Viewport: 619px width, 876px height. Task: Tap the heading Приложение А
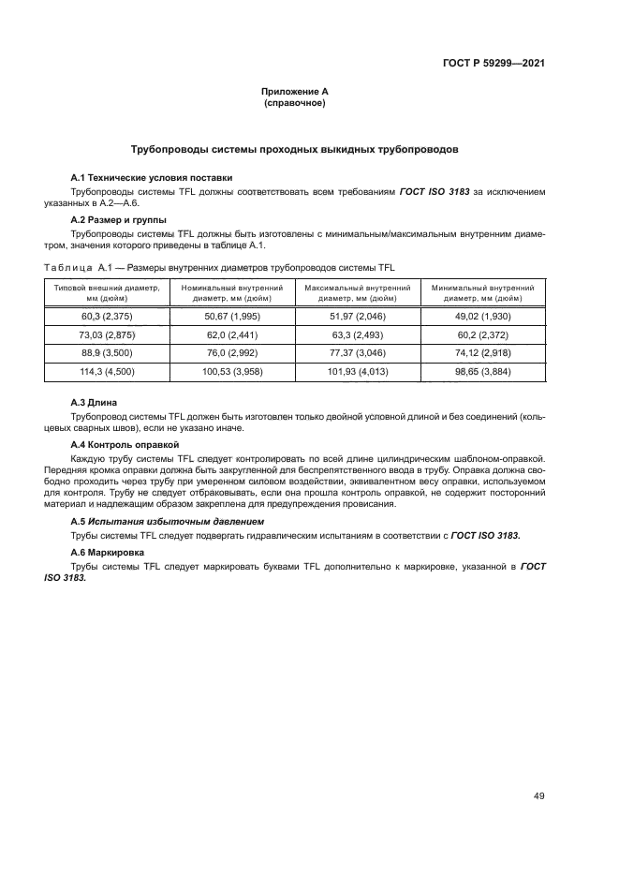(295, 92)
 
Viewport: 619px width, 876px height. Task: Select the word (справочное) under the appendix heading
(295, 103)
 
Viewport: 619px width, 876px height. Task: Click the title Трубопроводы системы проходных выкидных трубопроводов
(295, 150)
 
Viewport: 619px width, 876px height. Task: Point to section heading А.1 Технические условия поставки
(152, 178)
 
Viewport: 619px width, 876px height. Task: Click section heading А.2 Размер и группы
(119, 219)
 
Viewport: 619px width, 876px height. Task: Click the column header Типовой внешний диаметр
(108, 292)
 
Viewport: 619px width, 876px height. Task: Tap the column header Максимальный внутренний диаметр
(357, 292)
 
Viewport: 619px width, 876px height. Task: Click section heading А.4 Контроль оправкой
(125, 444)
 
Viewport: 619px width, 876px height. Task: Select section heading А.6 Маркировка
(108, 554)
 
